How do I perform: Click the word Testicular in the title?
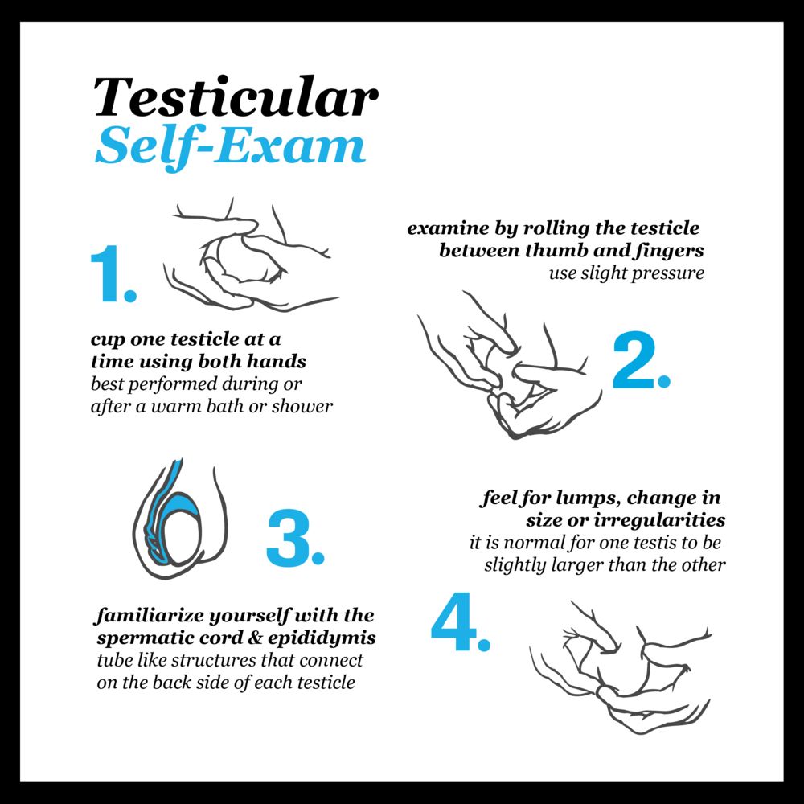pos(236,97)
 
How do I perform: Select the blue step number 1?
pos(113,274)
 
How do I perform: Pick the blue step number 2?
pos(641,360)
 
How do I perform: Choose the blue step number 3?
pos(295,538)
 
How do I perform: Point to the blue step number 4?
pos(461,622)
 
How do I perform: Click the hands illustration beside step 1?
pos(251,255)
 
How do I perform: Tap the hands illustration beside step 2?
pos(509,365)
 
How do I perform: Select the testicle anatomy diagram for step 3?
pos(180,519)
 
